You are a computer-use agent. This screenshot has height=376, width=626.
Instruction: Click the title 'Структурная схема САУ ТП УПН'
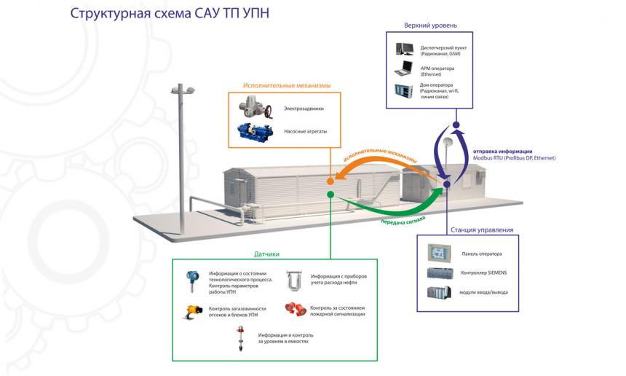pyautogui.click(x=170, y=13)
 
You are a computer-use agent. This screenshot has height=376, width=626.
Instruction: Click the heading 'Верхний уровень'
pyautogui.click(x=430, y=26)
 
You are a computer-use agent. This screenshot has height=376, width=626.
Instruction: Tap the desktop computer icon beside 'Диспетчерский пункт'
pyautogui.click(x=404, y=50)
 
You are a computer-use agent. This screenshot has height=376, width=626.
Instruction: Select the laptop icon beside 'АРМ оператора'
pyautogui.click(x=404, y=70)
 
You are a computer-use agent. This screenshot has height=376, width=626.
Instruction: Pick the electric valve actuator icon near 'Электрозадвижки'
pyautogui.click(x=255, y=108)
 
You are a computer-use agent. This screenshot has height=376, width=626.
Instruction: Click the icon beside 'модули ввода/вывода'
pyautogui.click(x=440, y=293)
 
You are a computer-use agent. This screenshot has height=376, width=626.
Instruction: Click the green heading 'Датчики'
pyautogui.click(x=267, y=254)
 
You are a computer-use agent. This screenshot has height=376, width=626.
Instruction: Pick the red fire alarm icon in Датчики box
pyautogui.click(x=295, y=309)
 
